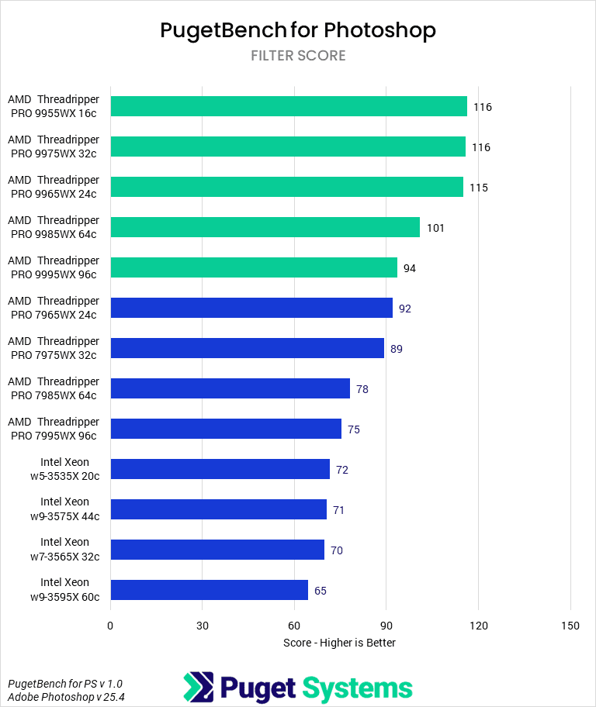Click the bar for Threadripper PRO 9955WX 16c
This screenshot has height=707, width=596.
pyautogui.click(x=289, y=106)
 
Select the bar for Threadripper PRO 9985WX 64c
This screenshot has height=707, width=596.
pyautogui.click(x=265, y=227)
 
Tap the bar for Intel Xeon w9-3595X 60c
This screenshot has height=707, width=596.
pyautogui.click(x=209, y=590)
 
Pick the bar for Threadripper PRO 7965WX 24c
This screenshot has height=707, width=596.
pyautogui.click(x=251, y=308)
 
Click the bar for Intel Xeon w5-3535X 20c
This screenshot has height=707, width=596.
pyautogui.click(x=220, y=469)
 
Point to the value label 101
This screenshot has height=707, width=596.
pyautogui.click(x=435, y=228)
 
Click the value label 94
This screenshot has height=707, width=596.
pyautogui.click(x=410, y=268)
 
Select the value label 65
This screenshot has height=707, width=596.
pyautogui.click(x=321, y=591)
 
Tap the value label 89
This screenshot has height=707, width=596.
pyautogui.click(x=397, y=349)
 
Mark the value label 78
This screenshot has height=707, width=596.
pyautogui.click(x=362, y=389)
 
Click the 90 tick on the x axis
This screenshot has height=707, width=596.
pyautogui.click(x=386, y=626)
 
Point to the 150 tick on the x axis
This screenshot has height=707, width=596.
pyautogui.click(x=570, y=626)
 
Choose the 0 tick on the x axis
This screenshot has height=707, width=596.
pyautogui.click(x=111, y=626)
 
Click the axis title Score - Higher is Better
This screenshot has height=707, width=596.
pyautogui.click(x=339, y=643)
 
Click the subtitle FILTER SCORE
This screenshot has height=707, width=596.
pyautogui.click(x=298, y=56)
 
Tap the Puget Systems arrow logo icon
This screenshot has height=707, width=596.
pyautogui.click(x=199, y=687)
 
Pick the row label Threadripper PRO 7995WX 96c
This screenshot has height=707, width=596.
pyautogui.click(x=54, y=429)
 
